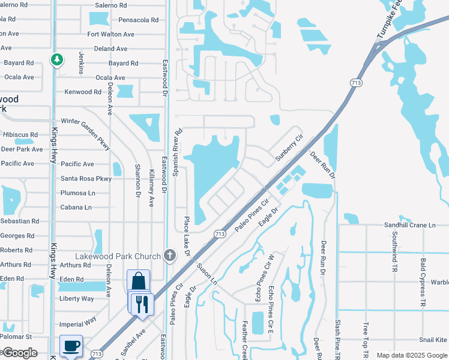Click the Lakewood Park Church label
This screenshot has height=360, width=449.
tap(118, 256)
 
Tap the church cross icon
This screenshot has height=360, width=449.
tap(170, 256)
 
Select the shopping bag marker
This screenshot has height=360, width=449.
tap(138, 281)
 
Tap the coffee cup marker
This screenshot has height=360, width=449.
tap(71, 346)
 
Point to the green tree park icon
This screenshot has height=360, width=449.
tap(56, 59)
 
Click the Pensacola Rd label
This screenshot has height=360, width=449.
tap(138, 20)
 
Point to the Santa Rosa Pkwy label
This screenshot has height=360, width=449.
tap(86, 179)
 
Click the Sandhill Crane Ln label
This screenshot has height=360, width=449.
tap(410, 225)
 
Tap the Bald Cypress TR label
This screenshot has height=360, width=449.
tap(423, 284)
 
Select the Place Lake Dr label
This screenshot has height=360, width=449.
tap(187, 236)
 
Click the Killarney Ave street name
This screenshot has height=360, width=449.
tap(151, 188)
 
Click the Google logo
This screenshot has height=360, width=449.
tap(20, 353)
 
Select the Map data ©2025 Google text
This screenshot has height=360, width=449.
tap(411, 355)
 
